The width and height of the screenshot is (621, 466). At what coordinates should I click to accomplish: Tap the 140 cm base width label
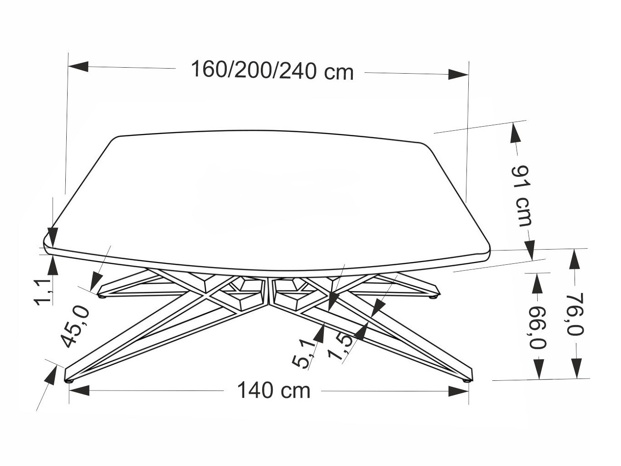[274, 391]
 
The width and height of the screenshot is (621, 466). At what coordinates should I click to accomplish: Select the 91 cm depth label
[523, 196]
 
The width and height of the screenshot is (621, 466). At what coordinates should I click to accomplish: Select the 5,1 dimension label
[305, 353]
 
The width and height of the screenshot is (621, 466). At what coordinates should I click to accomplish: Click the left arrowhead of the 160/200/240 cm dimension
[78, 66]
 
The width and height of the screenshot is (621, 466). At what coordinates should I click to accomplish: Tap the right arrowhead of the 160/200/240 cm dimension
[458, 74]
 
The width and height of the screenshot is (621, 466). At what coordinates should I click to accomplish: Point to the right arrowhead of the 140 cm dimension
[459, 391]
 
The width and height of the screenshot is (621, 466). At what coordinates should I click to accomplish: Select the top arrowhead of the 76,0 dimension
[575, 258]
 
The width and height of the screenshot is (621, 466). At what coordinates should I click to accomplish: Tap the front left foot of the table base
[69, 381]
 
